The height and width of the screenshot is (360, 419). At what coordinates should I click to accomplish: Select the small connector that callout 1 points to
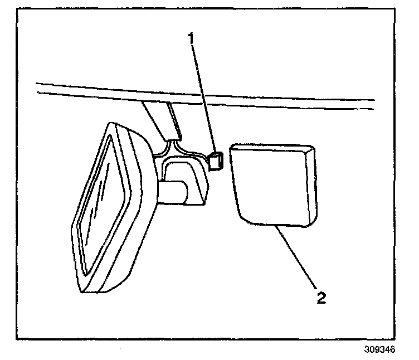215,162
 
